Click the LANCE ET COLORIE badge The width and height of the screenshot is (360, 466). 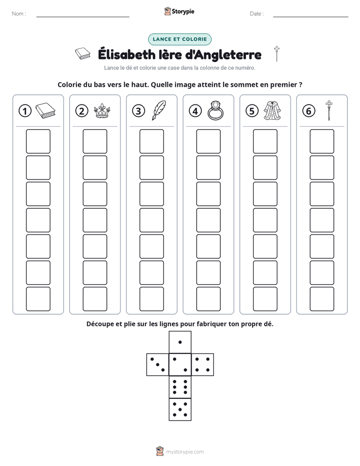pyautogui.click(x=179, y=39)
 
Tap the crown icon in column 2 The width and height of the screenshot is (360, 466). pyautogui.click(x=102, y=111)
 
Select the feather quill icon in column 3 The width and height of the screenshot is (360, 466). pyautogui.click(x=159, y=110)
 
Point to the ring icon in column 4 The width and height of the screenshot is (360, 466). pyautogui.click(x=215, y=110)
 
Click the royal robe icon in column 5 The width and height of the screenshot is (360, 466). pyautogui.click(x=272, y=110)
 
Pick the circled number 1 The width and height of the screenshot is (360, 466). pyautogui.click(x=25, y=111)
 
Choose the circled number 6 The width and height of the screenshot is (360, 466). pyautogui.click(x=309, y=111)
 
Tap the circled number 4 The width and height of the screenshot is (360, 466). pyautogui.click(x=195, y=111)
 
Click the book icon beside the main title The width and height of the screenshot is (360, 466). pyautogui.click(x=83, y=53)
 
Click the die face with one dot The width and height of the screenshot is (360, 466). pyautogui.click(x=180, y=342)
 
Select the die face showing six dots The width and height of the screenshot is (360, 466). pyautogui.click(x=180, y=387)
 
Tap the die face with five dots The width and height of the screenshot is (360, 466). pyautogui.click(x=180, y=409)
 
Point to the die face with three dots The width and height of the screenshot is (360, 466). pyautogui.click(x=158, y=364)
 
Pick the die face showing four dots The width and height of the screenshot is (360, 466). pyautogui.click(x=203, y=364)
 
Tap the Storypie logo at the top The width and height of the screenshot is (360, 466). pyautogui.click(x=179, y=11)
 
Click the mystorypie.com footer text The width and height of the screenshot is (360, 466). pyautogui.click(x=185, y=452)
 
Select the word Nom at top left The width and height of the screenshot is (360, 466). pyautogui.click(x=18, y=14)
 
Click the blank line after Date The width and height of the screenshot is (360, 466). pyautogui.click(x=311, y=17)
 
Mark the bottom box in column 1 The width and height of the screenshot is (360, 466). pyautogui.click(x=38, y=299)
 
